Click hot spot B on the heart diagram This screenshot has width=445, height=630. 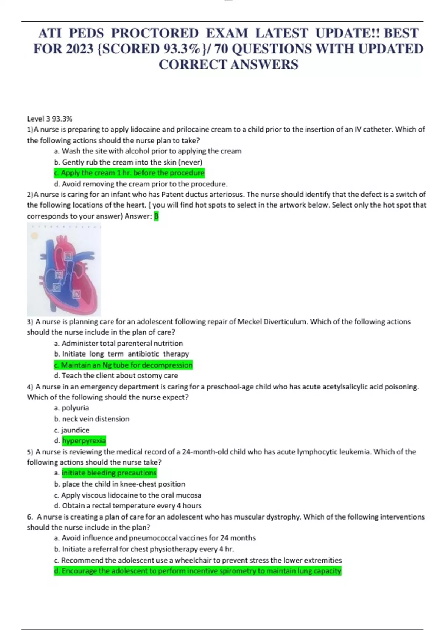coord(68,256)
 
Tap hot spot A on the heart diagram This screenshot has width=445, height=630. coord(59,275)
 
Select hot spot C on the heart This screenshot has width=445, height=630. coord(57,287)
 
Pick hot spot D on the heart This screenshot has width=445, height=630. coord(76,294)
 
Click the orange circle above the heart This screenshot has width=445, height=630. coord(34,235)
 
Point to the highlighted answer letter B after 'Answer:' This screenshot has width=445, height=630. coord(156,216)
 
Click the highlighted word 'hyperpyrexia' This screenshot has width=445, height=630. coord(84,441)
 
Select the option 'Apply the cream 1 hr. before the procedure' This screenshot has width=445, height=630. coord(129,173)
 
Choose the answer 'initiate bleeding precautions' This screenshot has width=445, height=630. coord(109,473)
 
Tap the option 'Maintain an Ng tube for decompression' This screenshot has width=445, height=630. coord(123,365)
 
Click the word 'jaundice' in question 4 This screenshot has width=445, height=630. coord(75,430)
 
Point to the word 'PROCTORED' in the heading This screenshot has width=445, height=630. coord(155,33)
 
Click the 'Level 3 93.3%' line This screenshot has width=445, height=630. coord(50,119)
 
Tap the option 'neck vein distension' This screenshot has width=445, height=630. coord(96,419)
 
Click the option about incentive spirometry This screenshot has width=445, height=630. coord(197,571)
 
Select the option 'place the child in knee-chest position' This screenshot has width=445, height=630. coord(123,484)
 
